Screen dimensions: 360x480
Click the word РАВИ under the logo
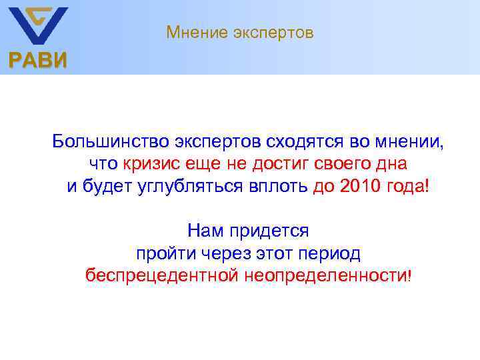point(37,62)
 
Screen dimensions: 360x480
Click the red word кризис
point(147,163)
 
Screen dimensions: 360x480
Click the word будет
point(103,186)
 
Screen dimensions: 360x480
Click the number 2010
point(360,186)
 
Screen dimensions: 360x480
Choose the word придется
point(269,231)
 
